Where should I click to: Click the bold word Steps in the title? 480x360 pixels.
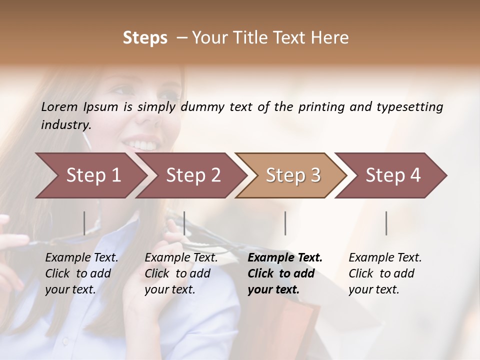tap(145, 38)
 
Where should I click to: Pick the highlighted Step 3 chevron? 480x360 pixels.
tap(293, 175)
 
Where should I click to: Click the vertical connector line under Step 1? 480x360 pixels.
tap(84, 223)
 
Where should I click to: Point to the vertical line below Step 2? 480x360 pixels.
tap(184, 223)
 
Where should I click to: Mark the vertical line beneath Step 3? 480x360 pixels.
tap(285, 223)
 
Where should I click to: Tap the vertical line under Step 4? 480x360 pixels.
tap(386, 223)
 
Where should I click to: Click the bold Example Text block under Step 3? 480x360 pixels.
tap(285, 273)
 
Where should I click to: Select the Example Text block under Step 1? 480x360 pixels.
tap(81, 273)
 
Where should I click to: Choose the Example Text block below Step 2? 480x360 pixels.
tap(181, 273)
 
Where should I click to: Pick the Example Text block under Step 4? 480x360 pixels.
tap(385, 273)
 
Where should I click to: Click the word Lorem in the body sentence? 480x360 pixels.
tap(59, 106)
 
